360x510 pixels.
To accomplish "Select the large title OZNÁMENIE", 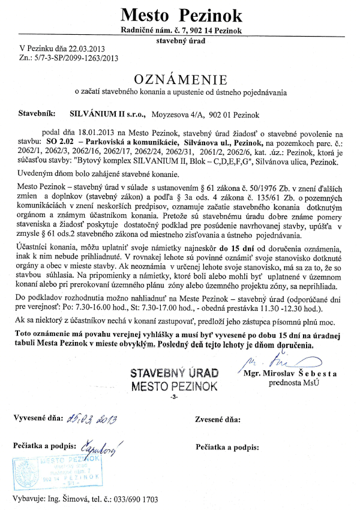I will coord(180,79).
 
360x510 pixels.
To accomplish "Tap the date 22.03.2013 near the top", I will coord(83,49).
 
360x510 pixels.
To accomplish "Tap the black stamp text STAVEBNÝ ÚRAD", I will coord(175,373).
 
